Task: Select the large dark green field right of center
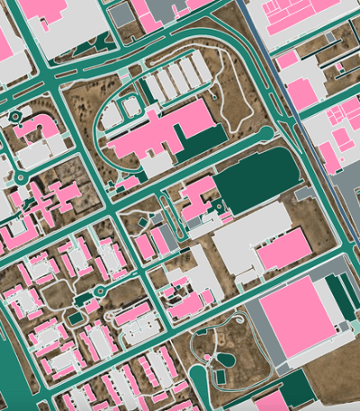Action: [x=256, y=179]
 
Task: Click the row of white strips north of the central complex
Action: [x=171, y=84]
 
